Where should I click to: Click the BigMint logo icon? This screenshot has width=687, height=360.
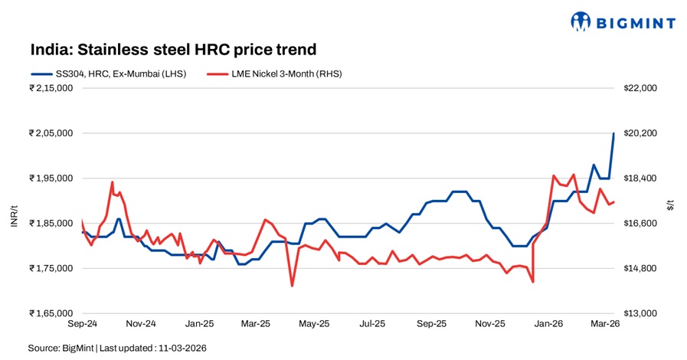582,21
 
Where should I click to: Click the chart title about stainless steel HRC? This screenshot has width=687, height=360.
173,51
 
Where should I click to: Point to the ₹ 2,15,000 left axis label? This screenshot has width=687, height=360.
51,88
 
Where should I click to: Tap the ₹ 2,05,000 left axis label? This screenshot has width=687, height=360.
51,133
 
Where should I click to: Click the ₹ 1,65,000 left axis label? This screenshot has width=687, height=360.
51,313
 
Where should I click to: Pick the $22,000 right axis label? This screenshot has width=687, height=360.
641,88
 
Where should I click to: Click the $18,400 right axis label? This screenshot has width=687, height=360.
641,178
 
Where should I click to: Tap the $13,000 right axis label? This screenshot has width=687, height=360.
641,313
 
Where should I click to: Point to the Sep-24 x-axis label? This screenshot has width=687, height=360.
82,324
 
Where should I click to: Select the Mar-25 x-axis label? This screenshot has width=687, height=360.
255,324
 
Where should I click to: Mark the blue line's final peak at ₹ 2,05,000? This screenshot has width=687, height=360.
613,133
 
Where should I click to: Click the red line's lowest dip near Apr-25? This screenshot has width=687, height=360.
292,286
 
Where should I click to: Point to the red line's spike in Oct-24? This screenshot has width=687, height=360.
113,182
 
